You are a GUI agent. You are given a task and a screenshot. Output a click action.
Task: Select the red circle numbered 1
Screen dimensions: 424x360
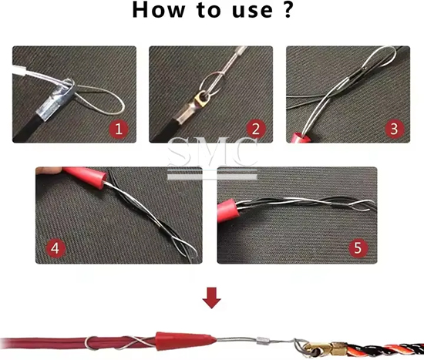pos(119,129)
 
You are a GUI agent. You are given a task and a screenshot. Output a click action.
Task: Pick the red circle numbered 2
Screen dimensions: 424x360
pos(256,129)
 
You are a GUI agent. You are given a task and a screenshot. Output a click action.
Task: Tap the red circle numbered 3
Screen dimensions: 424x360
pos(394,129)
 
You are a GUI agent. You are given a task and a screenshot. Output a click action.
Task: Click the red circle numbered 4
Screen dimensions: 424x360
pos(56,248)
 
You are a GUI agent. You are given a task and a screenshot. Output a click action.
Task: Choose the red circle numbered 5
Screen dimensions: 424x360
pos(358,248)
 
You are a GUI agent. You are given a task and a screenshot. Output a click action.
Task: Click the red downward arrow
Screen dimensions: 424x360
pos(212,298)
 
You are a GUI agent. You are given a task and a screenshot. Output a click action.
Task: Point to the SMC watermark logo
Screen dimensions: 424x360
pos(212,158)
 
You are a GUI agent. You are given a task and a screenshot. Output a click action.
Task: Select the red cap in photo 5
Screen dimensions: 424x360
pos(227,210)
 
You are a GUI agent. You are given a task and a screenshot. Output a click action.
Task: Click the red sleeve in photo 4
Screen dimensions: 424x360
pos(85,176)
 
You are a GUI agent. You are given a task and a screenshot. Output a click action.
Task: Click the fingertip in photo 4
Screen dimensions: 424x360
pos(49,170)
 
